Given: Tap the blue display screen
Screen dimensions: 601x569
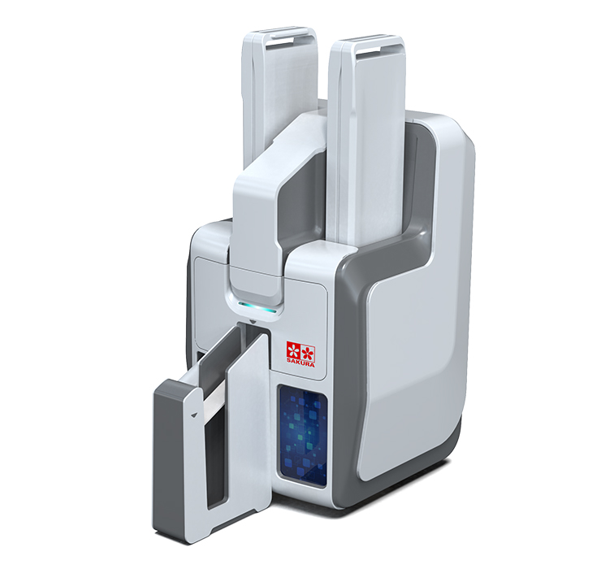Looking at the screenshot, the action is tap(302, 437).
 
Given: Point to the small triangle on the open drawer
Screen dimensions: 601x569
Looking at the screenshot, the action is tap(194, 414).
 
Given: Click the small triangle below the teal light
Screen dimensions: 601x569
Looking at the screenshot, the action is tap(253, 320).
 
